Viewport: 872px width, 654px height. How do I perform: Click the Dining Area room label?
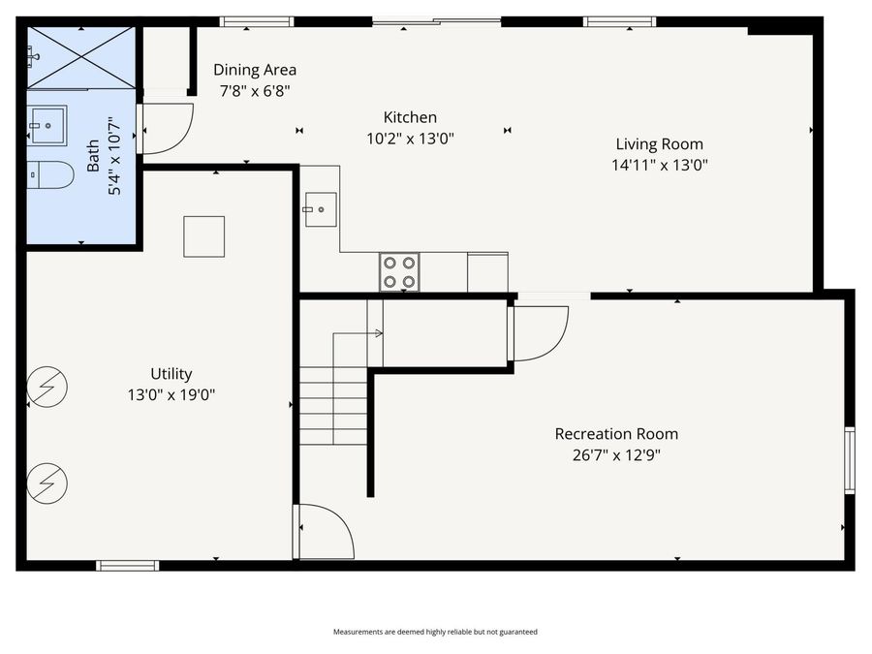point(255,70)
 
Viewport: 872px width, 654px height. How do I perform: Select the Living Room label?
point(659,144)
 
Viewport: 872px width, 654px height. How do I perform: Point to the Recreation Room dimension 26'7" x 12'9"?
point(616,455)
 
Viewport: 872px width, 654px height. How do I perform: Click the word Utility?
point(171,374)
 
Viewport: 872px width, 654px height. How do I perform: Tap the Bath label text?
point(94,156)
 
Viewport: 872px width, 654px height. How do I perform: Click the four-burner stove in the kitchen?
point(399,271)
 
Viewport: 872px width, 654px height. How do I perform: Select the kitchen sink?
point(320,208)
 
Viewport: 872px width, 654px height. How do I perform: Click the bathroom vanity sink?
point(47,124)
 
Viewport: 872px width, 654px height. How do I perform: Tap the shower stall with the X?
point(80,57)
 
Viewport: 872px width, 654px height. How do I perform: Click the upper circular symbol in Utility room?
point(47,387)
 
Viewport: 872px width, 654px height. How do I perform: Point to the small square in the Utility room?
point(203,236)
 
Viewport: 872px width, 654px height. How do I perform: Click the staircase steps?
point(332,406)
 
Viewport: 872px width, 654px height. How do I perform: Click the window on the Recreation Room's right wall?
point(849,460)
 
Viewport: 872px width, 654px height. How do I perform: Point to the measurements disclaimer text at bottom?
point(435,632)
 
